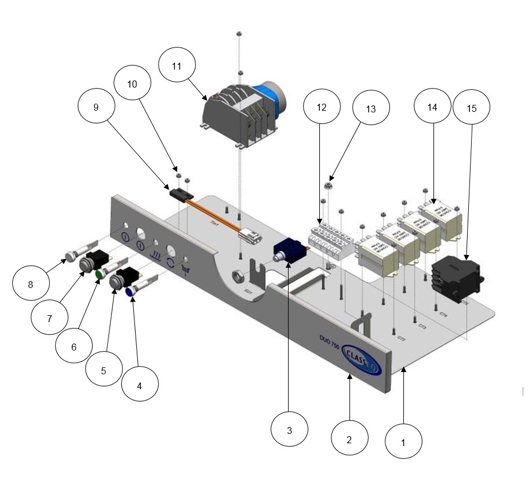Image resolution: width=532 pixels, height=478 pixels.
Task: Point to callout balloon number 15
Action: coord(472,107)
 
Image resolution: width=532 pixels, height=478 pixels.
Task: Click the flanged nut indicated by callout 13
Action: coord(327,187)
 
